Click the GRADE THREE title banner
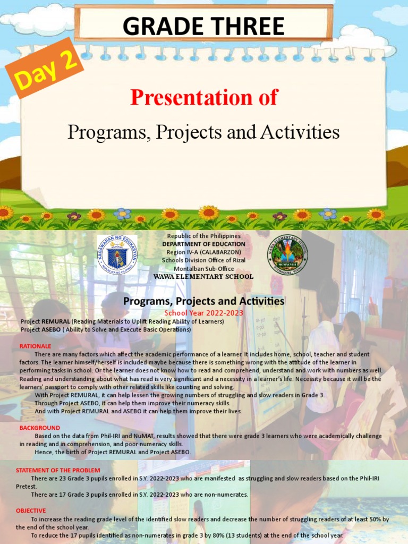[x=203, y=26]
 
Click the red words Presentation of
[x=204, y=98]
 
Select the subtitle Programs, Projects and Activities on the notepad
[x=203, y=132]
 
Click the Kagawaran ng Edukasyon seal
[x=117, y=255]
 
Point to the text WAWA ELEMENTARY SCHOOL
[x=203, y=277]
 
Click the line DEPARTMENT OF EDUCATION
[x=203, y=244]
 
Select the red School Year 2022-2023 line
[x=203, y=313]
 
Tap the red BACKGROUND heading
[x=40, y=428]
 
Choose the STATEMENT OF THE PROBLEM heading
[x=58, y=470]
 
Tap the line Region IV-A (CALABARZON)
[x=203, y=252]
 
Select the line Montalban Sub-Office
[x=203, y=269]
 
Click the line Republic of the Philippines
[x=203, y=235]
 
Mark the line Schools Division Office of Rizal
[x=203, y=260]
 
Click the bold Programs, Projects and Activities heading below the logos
[x=203, y=302]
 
